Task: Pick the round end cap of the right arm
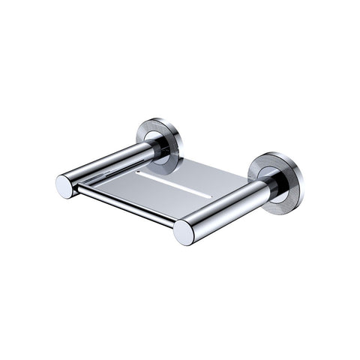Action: pos(184,232)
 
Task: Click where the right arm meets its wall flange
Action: pos(264,186)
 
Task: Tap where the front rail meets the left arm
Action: pos(78,189)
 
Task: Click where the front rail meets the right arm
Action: pos(175,223)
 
